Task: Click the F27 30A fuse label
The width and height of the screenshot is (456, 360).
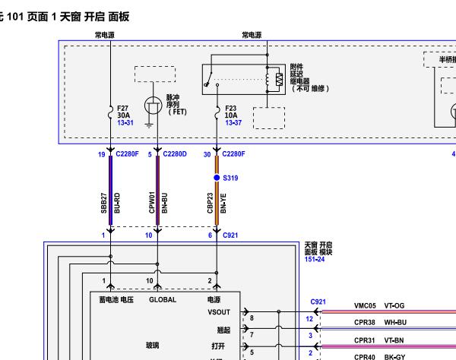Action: coord(124,112)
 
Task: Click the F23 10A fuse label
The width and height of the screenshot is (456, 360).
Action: coord(230,112)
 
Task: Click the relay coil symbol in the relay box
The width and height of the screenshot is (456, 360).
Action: coord(279,78)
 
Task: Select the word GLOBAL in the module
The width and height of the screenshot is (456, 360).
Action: coord(162,300)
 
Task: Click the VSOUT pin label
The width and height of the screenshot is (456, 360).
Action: coord(219,311)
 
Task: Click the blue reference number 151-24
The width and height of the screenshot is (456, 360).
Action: coord(315,258)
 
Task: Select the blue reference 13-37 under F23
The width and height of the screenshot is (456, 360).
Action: coord(233,122)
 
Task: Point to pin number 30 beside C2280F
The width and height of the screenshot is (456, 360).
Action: coord(207,153)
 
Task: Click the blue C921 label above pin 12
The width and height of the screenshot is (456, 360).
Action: coord(318,302)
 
